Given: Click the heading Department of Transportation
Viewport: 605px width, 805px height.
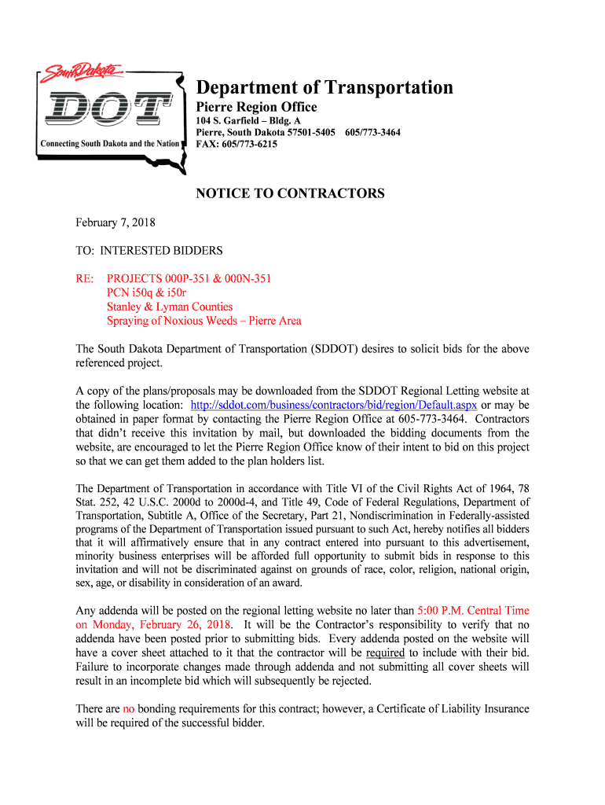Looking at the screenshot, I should click(x=324, y=87).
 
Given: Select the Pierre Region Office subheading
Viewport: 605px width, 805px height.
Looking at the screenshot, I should click(x=256, y=107).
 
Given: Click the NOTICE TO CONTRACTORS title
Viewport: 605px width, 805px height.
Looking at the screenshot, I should click(x=290, y=193).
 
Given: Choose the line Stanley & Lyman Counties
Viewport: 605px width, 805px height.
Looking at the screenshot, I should click(x=170, y=307).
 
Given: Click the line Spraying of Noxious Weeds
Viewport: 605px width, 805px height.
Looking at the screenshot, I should click(x=203, y=321).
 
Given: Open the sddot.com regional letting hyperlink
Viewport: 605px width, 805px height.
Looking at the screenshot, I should click(x=334, y=404).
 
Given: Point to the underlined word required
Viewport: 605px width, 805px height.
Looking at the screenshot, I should click(x=385, y=652).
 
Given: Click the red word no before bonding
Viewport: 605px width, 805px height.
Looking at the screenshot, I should click(x=129, y=709).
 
